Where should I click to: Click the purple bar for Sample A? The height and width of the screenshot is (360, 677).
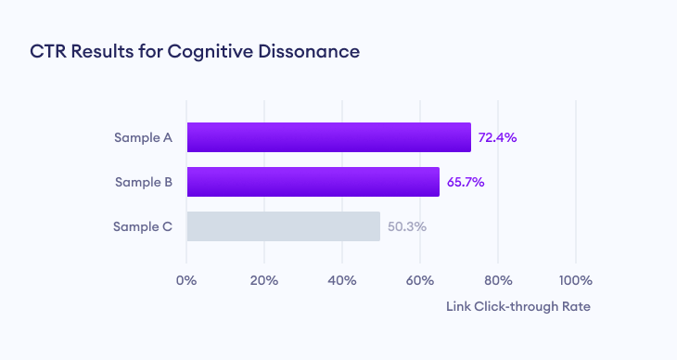(328, 137)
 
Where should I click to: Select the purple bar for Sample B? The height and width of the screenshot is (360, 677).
(313, 182)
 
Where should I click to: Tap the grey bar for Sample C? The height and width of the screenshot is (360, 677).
(283, 226)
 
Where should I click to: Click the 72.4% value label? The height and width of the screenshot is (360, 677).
(497, 137)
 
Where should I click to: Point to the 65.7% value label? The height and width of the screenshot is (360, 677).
(466, 182)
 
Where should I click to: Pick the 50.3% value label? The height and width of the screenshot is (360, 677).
(406, 226)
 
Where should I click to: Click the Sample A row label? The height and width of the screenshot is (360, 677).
(143, 137)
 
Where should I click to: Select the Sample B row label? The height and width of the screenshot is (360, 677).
(143, 182)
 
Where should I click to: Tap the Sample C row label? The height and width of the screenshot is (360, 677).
(143, 226)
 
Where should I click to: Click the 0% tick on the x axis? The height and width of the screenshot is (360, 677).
(186, 281)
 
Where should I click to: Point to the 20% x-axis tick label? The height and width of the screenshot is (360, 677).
(264, 281)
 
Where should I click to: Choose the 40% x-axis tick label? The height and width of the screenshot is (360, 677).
(342, 281)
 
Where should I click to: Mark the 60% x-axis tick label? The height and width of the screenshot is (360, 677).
(420, 281)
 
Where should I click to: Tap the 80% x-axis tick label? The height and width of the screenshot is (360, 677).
(498, 281)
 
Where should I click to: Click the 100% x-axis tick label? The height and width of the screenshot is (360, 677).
(576, 281)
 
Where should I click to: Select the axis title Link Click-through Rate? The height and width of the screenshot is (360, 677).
(518, 306)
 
